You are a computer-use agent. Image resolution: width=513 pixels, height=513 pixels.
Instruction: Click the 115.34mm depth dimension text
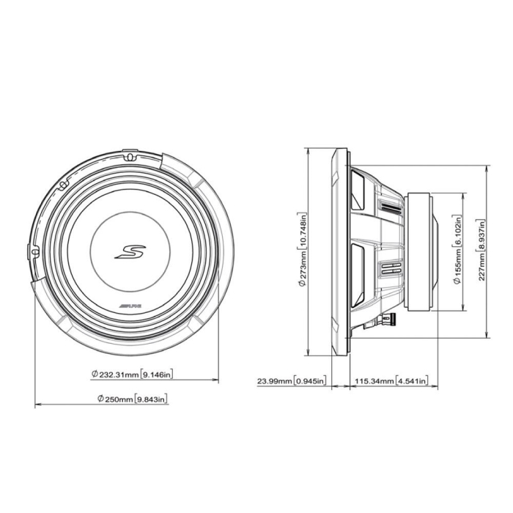(391, 381)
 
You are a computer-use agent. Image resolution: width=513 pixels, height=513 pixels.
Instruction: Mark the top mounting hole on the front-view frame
(129, 156)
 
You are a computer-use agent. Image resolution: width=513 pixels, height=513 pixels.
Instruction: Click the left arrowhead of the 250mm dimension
(37, 405)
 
